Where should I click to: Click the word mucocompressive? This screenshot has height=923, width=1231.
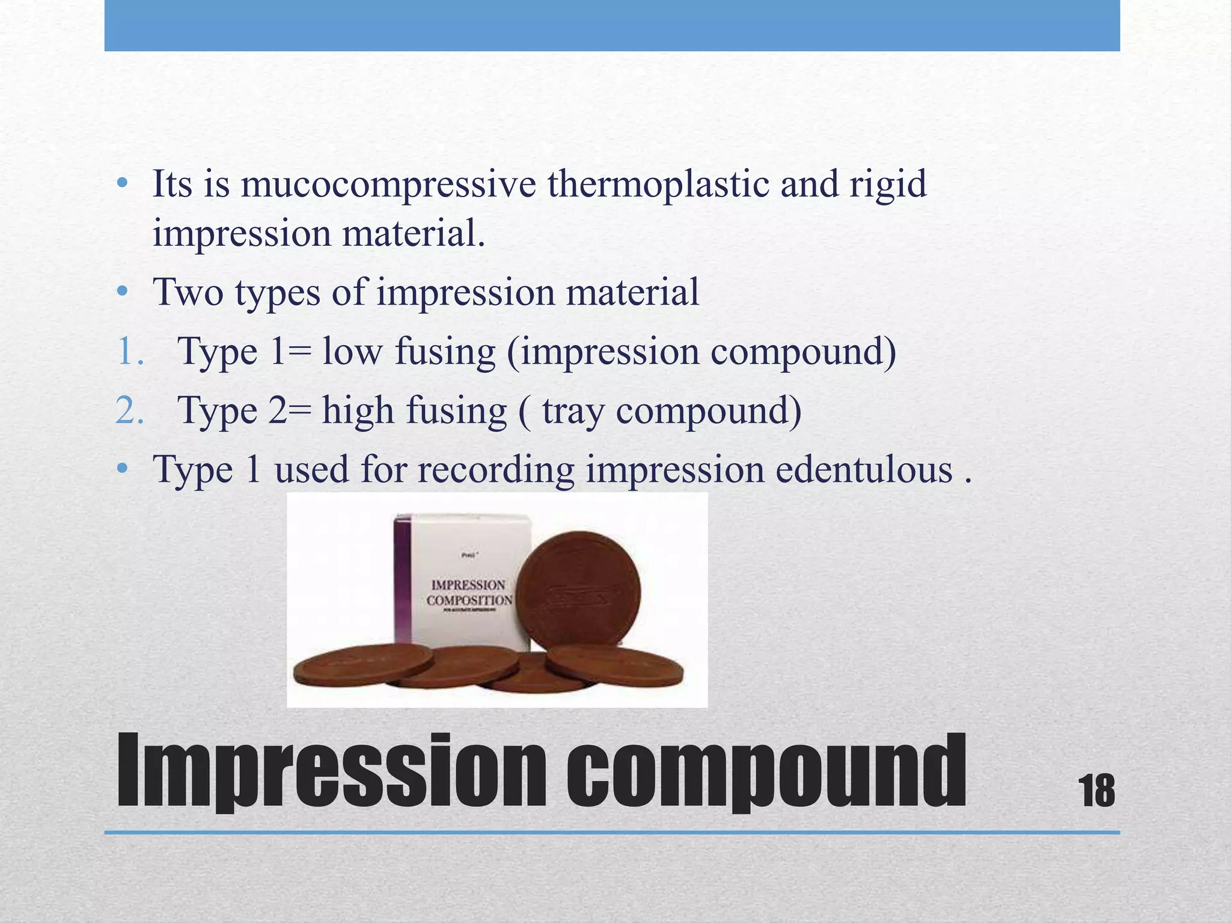coord(388,184)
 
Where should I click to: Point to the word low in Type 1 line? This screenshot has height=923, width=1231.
coord(352,352)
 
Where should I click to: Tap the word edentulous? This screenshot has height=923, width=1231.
coord(864,469)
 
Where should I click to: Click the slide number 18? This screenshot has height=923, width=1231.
coord(1097,791)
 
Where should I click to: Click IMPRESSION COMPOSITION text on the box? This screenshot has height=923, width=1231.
coord(469,592)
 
